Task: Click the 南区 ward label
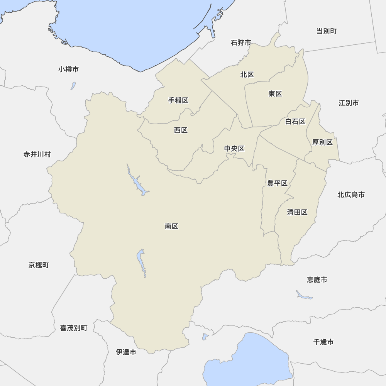click(x=171, y=227)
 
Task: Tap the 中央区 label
click(x=234, y=149)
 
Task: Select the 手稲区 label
click(x=178, y=100)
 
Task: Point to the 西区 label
click(x=181, y=130)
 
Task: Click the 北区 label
click(x=247, y=74)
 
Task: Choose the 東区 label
click(x=276, y=94)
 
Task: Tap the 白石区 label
click(x=295, y=122)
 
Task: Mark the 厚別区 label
click(x=322, y=142)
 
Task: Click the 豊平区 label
click(x=277, y=183)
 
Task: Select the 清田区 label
click(x=297, y=212)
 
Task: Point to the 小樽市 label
click(x=69, y=69)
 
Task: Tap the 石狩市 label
click(x=241, y=42)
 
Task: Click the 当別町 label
click(x=327, y=31)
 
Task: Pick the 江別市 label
click(x=349, y=103)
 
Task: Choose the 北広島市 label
click(x=351, y=195)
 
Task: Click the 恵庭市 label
click(x=317, y=279)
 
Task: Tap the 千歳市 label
click(x=323, y=342)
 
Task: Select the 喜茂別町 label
click(x=74, y=328)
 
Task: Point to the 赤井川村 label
click(x=37, y=154)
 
